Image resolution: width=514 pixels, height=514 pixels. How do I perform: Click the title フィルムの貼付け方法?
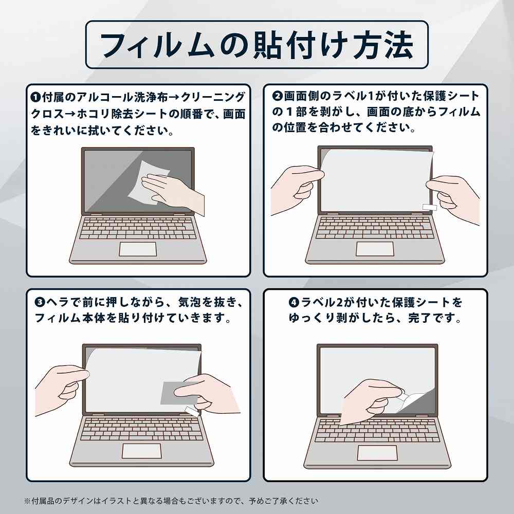point(256,45)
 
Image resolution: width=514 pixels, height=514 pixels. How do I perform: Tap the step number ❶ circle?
point(35,97)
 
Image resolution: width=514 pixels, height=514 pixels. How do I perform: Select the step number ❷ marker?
point(278,96)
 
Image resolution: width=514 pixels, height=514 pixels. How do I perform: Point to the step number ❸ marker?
point(40,302)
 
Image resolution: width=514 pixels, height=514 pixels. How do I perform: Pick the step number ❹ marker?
point(293,302)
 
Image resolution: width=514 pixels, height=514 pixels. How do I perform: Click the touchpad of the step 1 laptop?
point(138,249)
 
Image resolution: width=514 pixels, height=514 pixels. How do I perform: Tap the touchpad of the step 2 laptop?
point(375,249)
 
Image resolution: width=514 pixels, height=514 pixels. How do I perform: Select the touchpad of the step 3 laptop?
point(142,451)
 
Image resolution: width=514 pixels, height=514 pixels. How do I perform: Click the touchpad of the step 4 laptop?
point(377,453)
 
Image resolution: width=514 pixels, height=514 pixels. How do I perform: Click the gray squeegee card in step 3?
point(179,393)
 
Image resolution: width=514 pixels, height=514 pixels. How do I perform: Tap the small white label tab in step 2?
point(430,207)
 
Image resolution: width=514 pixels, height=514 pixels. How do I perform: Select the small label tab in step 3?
point(192,411)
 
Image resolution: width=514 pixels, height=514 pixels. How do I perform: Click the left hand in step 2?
point(297,190)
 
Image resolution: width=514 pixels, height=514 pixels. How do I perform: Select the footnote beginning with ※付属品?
point(171,501)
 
